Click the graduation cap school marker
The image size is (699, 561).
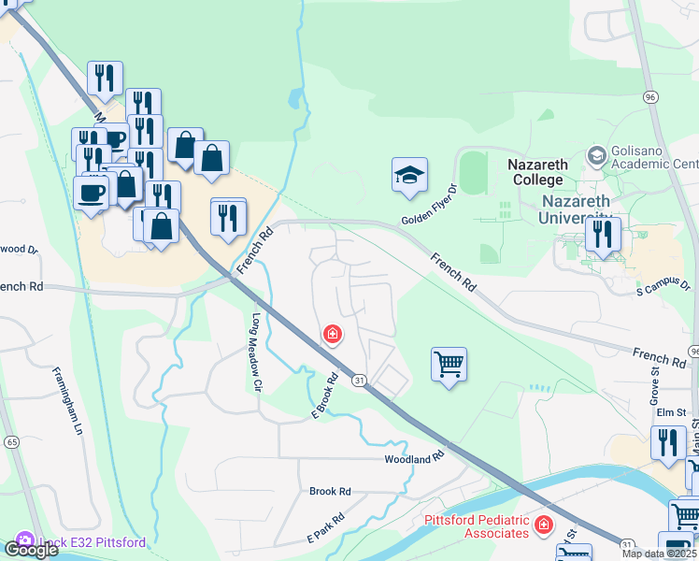[x=409, y=176]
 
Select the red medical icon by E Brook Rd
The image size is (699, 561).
[x=331, y=334]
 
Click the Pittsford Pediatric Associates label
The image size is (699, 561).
[x=478, y=526]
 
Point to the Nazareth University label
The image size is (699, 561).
[x=574, y=209]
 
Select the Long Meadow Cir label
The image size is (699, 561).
[x=253, y=345]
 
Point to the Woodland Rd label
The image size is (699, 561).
[x=412, y=459]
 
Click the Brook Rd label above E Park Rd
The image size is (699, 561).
[x=330, y=491]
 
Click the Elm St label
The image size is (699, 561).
[x=671, y=411]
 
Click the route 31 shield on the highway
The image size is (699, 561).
[x=358, y=380]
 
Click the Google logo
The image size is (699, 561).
[x=31, y=550]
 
